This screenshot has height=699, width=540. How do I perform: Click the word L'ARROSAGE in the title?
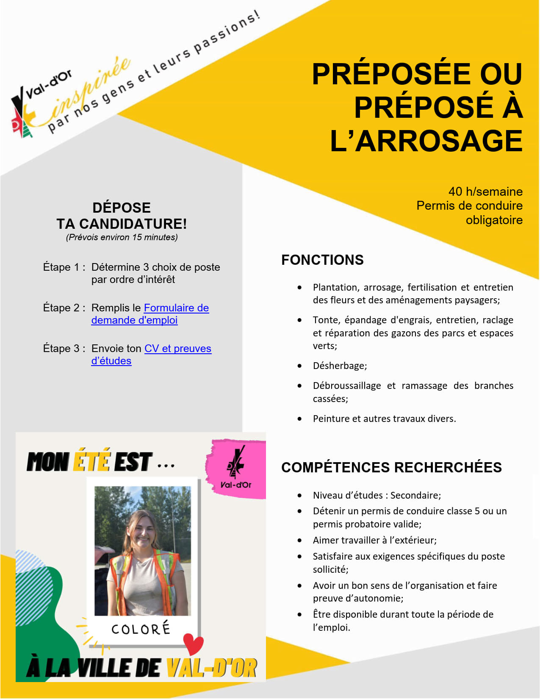(x=426, y=141)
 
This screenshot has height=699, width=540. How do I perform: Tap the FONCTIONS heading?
(x=322, y=260)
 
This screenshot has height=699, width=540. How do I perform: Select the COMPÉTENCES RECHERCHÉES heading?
(x=391, y=467)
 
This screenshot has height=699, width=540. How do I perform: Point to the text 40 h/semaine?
(x=485, y=191)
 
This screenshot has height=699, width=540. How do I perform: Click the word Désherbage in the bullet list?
(x=339, y=366)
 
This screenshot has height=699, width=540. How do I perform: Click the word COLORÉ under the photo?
(x=141, y=629)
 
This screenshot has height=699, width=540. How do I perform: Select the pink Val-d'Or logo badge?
(x=236, y=469)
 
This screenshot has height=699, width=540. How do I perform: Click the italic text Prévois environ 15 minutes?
(x=122, y=237)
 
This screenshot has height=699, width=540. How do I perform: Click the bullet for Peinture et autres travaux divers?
(x=300, y=419)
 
